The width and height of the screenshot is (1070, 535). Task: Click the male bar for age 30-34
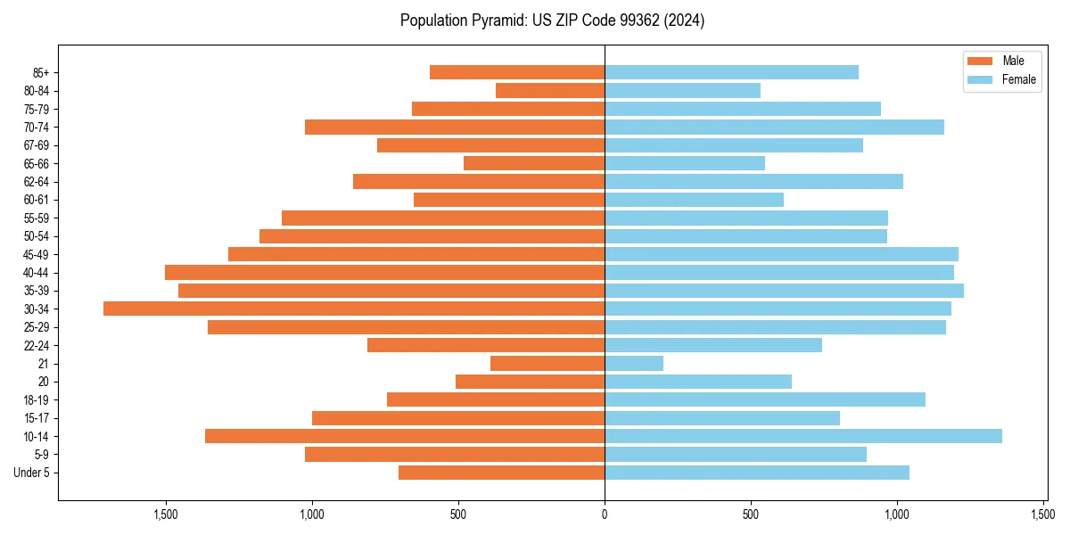click(354, 309)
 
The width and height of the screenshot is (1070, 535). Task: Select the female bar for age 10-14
click(802, 436)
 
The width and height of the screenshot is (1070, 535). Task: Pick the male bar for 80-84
click(550, 90)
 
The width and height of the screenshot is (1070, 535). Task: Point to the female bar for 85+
click(731, 72)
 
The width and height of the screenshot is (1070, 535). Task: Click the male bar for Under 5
click(501, 473)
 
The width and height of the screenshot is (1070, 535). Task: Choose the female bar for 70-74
click(774, 127)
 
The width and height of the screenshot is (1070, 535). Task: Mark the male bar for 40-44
click(384, 272)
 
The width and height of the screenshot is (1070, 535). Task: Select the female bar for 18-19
click(765, 399)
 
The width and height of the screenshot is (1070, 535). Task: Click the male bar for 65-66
click(534, 163)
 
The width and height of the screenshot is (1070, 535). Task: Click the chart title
click(552, 21)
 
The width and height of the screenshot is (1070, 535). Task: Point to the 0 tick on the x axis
click(605, 514)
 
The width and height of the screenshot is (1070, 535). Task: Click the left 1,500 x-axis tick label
click(165, 514)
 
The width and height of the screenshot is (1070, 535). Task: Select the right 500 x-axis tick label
click(751, 514)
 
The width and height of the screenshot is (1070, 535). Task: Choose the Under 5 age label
click(31, 473)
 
